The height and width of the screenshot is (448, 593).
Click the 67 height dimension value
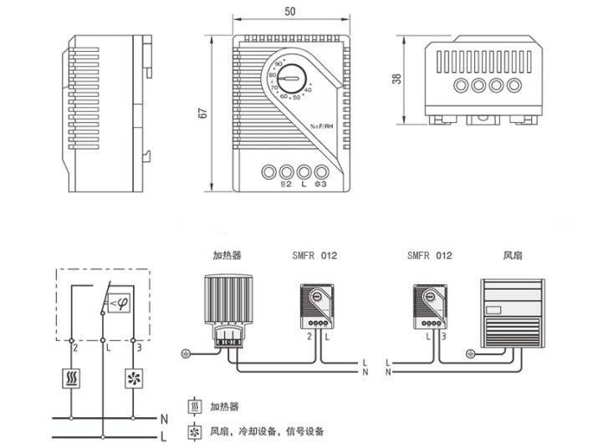point(202,113)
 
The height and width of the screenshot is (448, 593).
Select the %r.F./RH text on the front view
point(321,126)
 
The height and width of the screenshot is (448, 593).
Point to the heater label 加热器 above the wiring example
point(227,256)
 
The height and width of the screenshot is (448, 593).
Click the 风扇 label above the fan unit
point(511,256)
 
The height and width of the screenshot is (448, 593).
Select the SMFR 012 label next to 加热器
point(315,256)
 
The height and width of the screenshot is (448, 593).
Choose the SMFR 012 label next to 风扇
point(429,256)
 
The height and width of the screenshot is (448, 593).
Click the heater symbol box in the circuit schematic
point(71,377)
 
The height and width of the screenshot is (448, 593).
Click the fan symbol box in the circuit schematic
point(134,377)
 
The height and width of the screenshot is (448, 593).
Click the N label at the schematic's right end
point(164,417)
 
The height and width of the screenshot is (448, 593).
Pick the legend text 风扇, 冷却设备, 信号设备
point(267,432)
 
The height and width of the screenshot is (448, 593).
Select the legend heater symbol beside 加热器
point(195,407)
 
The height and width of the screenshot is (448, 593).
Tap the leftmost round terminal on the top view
point(460,84)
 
